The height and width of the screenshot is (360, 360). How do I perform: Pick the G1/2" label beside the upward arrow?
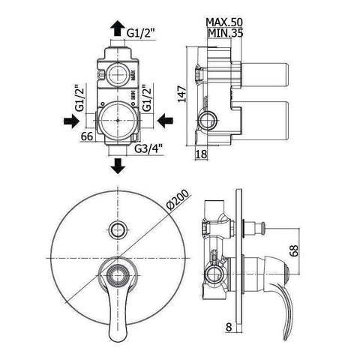point(141,33)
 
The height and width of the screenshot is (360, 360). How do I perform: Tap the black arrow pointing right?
point(68,120)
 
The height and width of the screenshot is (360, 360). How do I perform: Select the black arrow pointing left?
point(170,120)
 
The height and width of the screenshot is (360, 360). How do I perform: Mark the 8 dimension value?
point(228,327)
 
